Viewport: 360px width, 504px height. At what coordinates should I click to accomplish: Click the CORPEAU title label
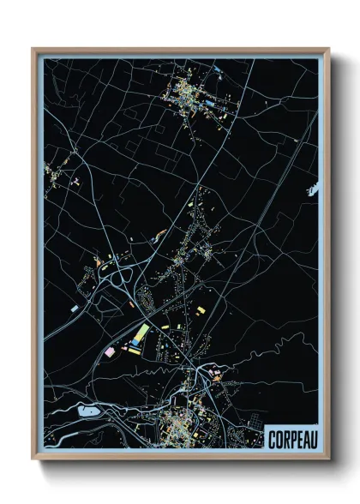click(x=291, y=438)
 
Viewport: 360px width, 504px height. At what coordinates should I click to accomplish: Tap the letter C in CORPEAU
click(x=271, y=438)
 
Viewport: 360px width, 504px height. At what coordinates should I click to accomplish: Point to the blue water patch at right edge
click(x=312, y=188)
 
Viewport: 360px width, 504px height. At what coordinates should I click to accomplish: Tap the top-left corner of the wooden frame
click(x=33, y=49)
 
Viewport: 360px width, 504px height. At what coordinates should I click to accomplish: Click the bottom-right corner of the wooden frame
click(x=328, y=459)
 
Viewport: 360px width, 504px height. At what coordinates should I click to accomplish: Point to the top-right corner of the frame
click(x=328, y=49)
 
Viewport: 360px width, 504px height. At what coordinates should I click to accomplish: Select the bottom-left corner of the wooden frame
click(x=33, y=459)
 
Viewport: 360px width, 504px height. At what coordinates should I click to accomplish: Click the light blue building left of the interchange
click(x=75, y=307)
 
